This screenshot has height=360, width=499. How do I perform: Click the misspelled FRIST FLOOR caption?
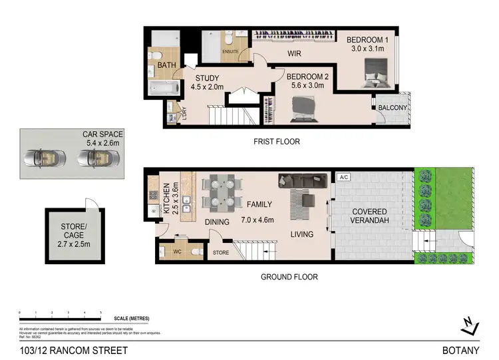point(277,142)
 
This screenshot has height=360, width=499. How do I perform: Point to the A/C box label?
point(344,178)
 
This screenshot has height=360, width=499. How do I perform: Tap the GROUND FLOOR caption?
point(289,277)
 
